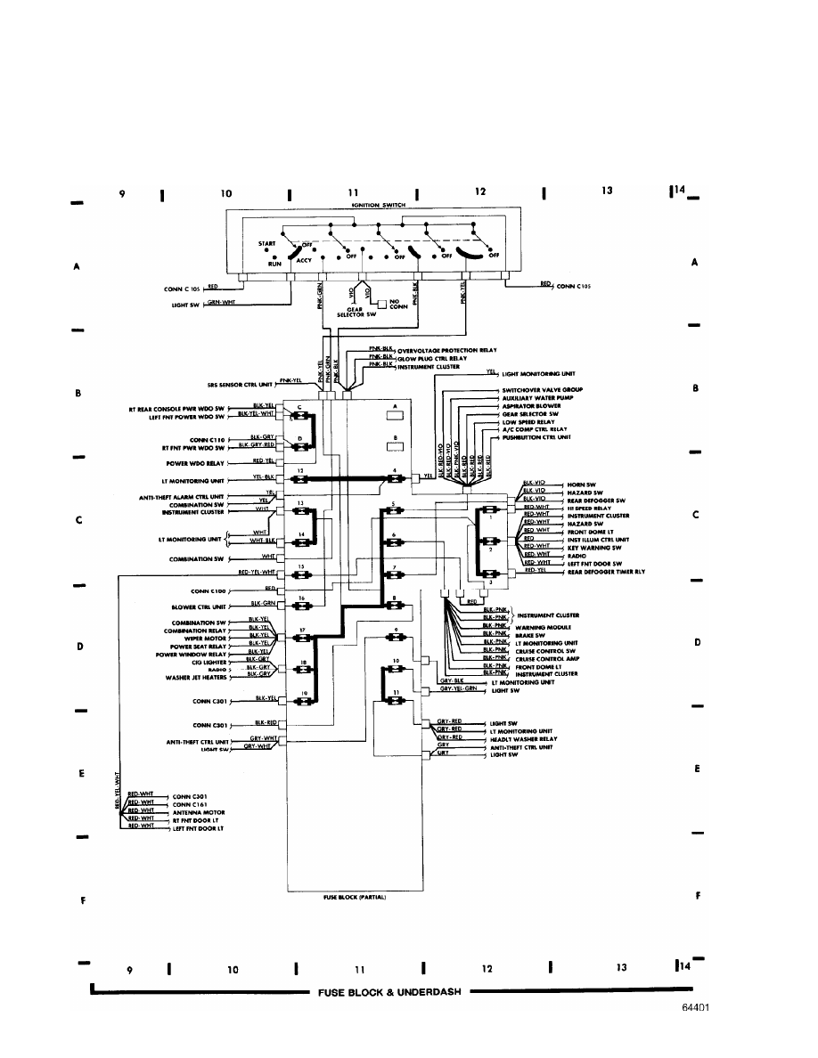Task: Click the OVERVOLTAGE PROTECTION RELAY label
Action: [446, 351]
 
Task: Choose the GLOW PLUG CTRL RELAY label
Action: [434, 359]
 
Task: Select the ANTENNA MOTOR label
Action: [199, 812]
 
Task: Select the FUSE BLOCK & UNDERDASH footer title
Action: [389, 992]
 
